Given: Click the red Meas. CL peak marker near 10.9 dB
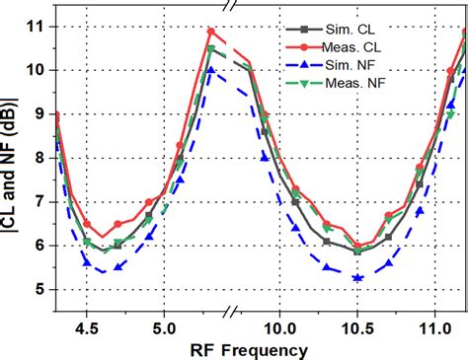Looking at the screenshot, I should pos(210,32).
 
